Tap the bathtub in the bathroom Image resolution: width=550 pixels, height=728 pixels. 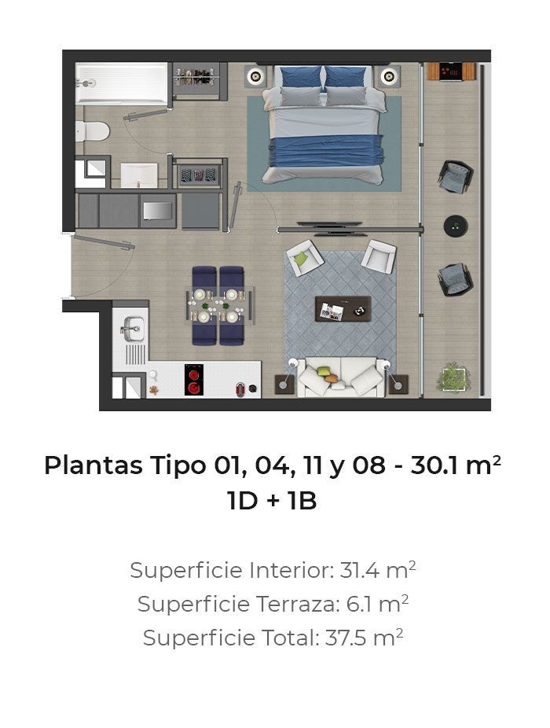click(122, 83)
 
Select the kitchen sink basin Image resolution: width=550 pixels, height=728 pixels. click(133, 329)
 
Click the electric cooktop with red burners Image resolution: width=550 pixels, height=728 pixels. click(194, 380)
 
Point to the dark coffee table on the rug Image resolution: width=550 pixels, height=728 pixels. click(343, 309)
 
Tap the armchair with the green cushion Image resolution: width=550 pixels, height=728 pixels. click(305, 258)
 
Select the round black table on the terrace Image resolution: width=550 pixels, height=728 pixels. click(455, 226)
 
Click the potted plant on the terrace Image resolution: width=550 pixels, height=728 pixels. click(453, 377)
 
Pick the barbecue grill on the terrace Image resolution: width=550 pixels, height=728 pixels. click(451, 72)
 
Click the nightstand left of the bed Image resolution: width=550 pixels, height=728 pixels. click(255, 76)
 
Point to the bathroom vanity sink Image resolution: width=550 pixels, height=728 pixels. click(139, 175)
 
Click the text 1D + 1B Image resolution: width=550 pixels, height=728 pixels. click(272, 501)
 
